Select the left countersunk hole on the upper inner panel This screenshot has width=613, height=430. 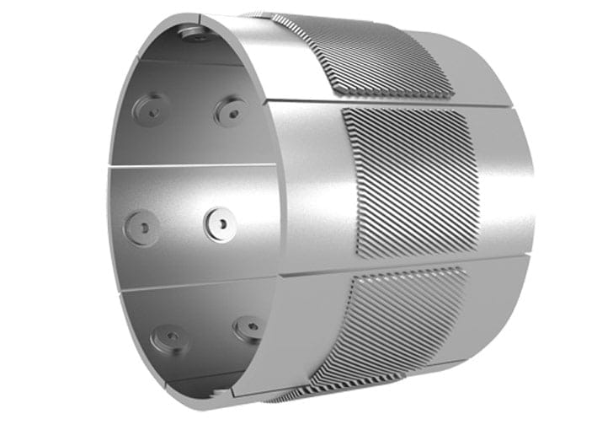(x=152, y=108)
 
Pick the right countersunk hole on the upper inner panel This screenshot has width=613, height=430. (x=229, y=110)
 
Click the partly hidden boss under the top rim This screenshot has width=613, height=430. (x=195, y=33)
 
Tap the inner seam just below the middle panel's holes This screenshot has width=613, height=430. (x=194, y=283)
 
